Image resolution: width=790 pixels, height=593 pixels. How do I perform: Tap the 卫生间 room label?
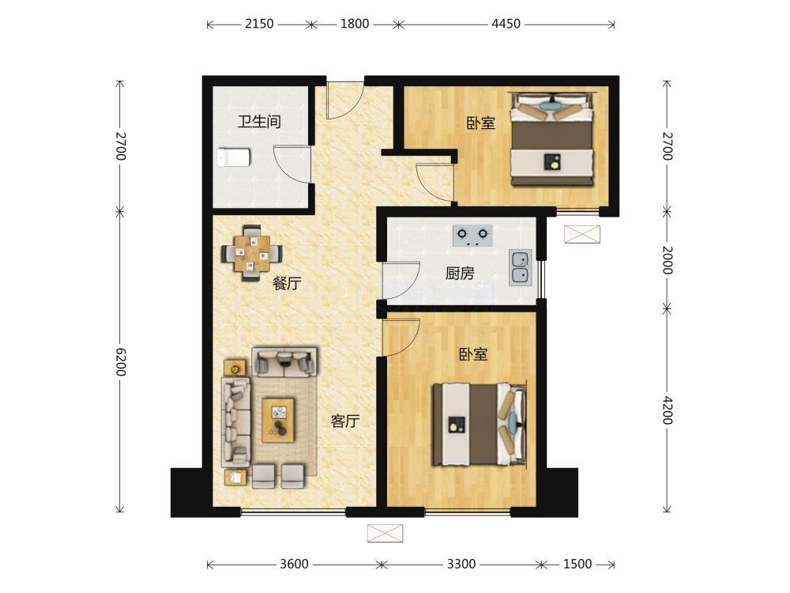coord(259,122)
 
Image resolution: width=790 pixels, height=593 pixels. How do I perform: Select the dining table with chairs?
coord(252,253)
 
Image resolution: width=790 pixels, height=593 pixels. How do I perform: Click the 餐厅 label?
coord(287,283)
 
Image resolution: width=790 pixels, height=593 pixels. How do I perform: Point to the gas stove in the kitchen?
coord(472,235)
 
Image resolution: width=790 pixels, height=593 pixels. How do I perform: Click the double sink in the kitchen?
coord(520,267)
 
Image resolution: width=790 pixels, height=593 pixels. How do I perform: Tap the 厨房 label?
coord(460,274)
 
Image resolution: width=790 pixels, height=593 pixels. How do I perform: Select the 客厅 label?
coord(345,421)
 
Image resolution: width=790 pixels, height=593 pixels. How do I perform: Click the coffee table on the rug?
coord(278,420)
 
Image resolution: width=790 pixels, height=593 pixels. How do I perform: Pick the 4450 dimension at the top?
coord(506,24)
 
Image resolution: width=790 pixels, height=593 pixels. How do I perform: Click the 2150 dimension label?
coord(259,24)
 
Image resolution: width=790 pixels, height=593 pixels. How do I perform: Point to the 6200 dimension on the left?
coord(120,361)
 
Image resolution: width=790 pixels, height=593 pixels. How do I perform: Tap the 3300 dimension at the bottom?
coord(461,564)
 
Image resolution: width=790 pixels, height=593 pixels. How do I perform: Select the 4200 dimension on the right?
coord(667,410)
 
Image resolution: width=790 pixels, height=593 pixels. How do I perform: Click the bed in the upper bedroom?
coord(551,138)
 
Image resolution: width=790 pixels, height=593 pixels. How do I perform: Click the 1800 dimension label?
coord(355,24)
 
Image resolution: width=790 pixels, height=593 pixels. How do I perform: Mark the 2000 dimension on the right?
coord(667,260)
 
